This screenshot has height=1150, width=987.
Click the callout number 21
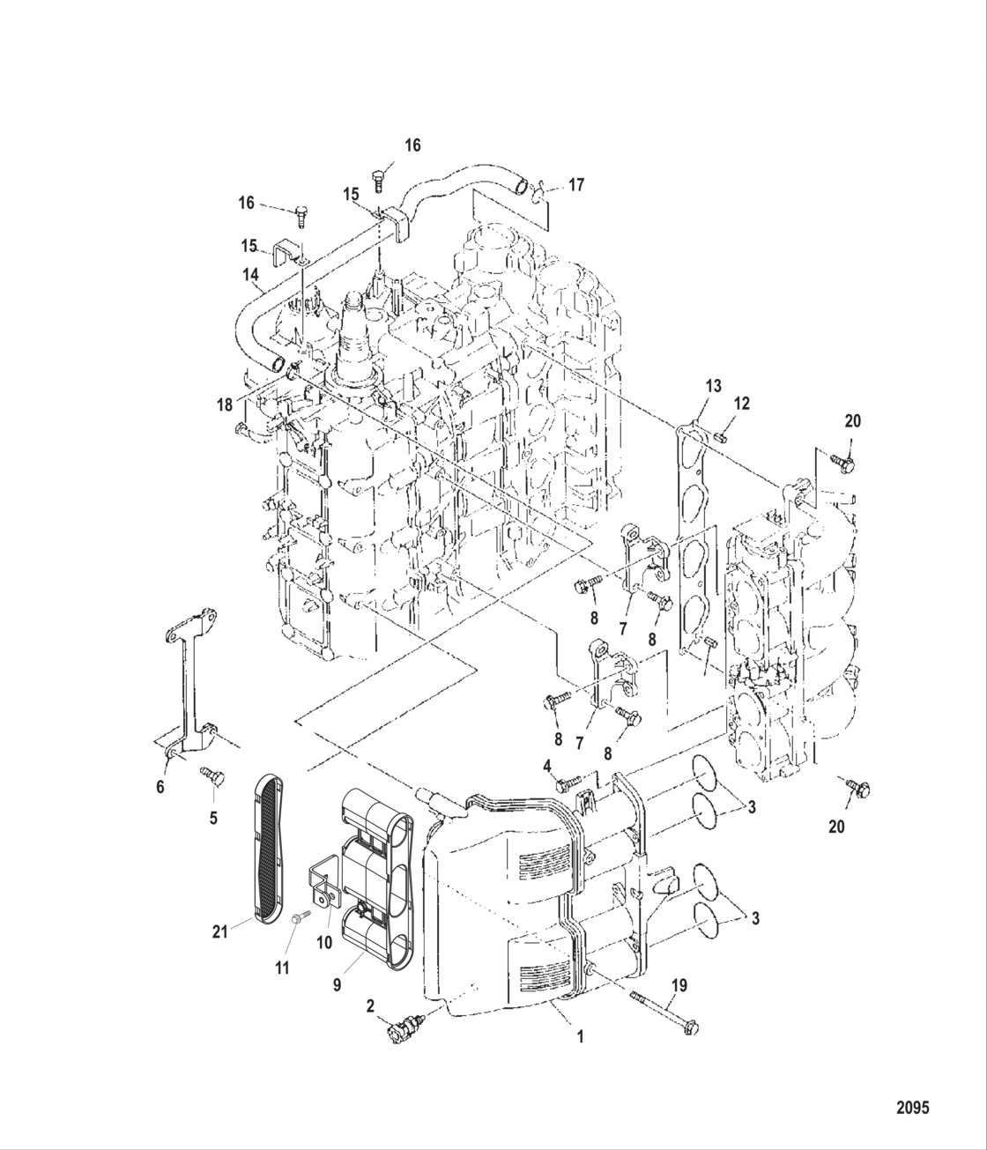pyautogui.click(x=219, y=930)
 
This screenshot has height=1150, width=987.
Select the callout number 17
pyautogui.click(x=575, y=185)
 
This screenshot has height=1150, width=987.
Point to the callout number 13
pyautogui.click(x=713, y=386)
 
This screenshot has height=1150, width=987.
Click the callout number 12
pyautogui.click(x=742, y=403)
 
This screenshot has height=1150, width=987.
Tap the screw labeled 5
pyautogui.click(x=212, y=775)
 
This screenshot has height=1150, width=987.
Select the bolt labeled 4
pyautogui.click(x=569, y=780)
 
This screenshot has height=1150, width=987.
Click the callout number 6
pyautogui.click(x=160, y=787)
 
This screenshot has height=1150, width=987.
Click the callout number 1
pyautogui.click(x=580, y=1037)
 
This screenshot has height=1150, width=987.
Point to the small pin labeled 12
pyautogui.click(x=722, y=433)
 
